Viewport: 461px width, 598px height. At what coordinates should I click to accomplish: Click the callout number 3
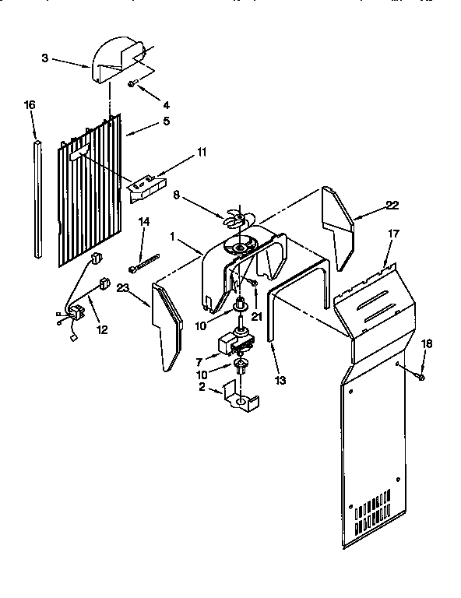45,58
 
